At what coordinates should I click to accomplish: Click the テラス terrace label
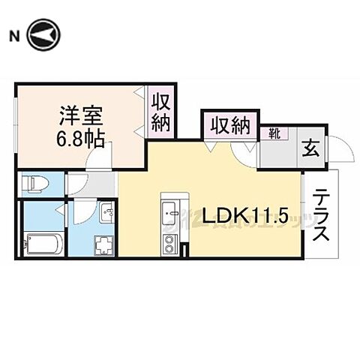tap(321, 214)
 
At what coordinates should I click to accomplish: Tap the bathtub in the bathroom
tap(43, 242)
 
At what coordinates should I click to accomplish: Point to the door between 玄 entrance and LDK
tap(247, 151)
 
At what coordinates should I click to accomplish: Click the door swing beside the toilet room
tap(79, 184)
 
